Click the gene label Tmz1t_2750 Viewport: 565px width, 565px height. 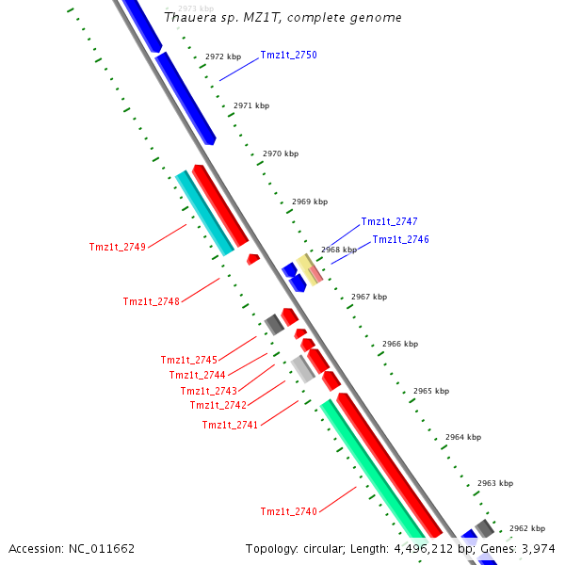pos(288,56)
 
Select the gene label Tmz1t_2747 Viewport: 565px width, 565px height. pos(389,222)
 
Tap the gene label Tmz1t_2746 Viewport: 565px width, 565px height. pos(400,240)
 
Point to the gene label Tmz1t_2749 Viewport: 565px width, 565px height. pos(118,248)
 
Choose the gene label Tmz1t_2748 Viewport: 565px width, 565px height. pos(151,302)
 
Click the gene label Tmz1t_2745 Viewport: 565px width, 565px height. pos(188,361)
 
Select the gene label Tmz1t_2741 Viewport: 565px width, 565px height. pos(230,426)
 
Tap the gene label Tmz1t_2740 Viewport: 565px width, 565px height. pos(288,511)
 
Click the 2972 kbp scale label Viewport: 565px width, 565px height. pos(223,57)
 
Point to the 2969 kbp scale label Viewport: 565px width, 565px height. pos(310,202)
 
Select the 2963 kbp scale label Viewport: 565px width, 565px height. pos(493,483)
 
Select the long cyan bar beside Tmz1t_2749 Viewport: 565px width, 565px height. pos(204,214)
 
